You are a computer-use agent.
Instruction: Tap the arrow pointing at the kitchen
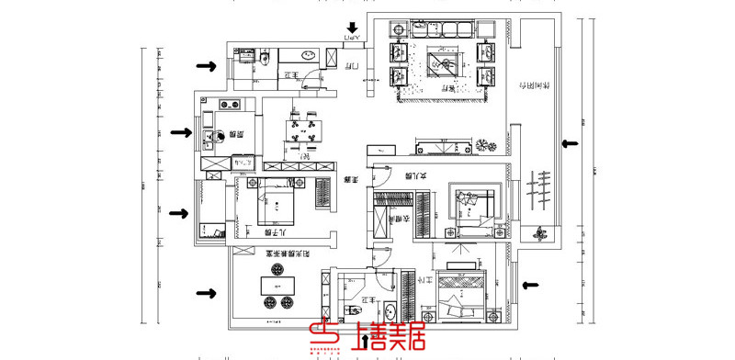click(x=180, y=133)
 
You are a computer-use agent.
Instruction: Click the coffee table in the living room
click(x=443, y=64)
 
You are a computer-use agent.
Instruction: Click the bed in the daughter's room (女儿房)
click(x=474, y=210)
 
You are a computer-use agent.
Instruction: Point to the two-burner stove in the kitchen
click(x=228, y=104)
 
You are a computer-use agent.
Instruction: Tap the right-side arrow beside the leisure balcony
click(x=570, y=142)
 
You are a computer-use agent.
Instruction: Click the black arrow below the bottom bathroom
click(x=368, y=342)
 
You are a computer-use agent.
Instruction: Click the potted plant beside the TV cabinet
click(x=484, y=144)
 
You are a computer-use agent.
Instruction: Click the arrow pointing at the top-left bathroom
click(x=207, y=66)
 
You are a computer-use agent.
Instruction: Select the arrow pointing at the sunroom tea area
click(x=207, y=294)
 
